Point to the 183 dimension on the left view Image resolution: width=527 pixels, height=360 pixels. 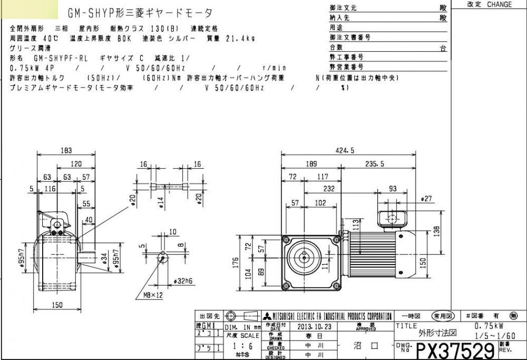click(66, 150)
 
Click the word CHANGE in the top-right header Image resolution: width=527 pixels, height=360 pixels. click(499, 4)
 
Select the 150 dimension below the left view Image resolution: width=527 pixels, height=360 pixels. click(57, 304)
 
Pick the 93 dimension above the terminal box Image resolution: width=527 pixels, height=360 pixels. click(393, 189)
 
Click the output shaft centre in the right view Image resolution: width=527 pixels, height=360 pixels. click(305, 258)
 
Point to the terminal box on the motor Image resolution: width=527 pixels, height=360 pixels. click(392, 217)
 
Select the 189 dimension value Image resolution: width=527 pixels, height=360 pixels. click(312, 164)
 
